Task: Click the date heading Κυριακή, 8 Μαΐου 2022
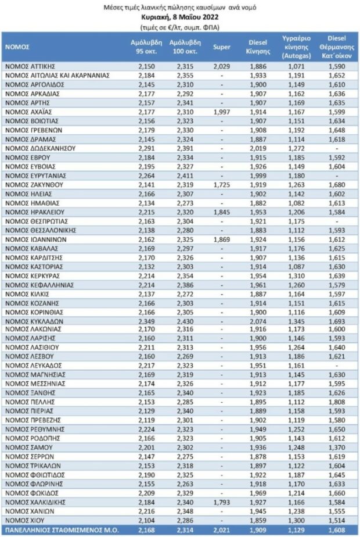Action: click(x=179, y=17)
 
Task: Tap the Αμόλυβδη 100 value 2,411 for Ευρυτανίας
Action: click(x=181, y=175)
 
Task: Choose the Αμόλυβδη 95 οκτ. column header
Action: click(x=143, y=47)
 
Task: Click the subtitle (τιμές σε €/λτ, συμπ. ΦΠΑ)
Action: click(x=179, y=27)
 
